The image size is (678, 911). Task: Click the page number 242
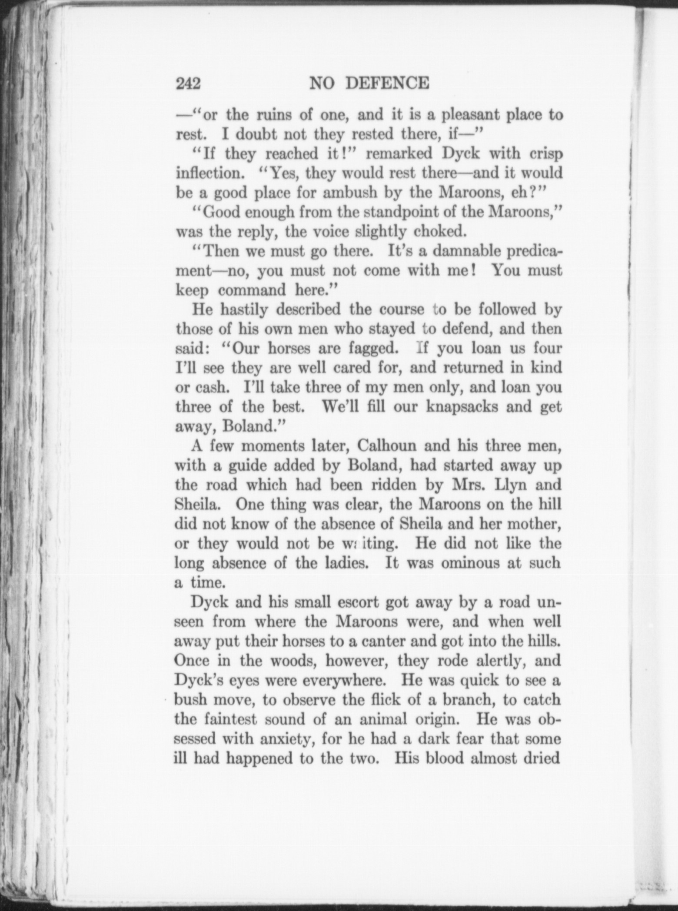coord(188,83)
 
